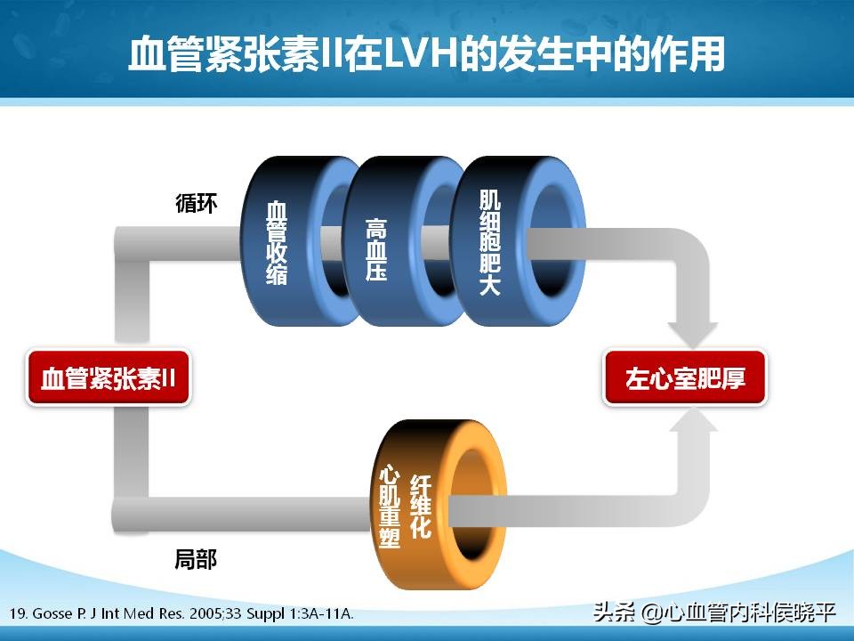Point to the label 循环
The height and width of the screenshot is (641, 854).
pyautogui.click(x=196, y=202)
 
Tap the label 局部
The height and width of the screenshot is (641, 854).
pyautogui.click(x=196, y=560)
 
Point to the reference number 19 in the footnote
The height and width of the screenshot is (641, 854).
pyautogui.click(x=19, y=614)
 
